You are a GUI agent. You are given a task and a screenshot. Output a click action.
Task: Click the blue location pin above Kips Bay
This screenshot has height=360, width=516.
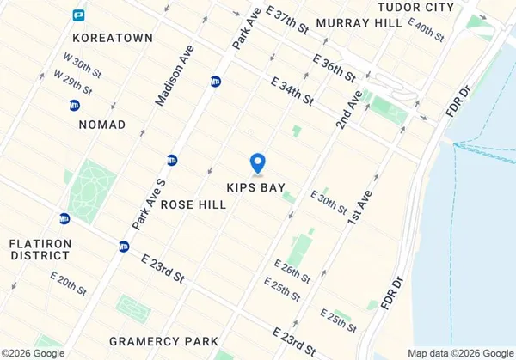(256, 162)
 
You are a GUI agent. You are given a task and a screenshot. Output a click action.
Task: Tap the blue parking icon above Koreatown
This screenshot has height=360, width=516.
(78, 15)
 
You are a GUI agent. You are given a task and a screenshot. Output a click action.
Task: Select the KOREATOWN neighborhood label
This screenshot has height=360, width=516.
(113, 38)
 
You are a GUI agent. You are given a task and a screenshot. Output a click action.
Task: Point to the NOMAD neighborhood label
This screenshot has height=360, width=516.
(101, 125)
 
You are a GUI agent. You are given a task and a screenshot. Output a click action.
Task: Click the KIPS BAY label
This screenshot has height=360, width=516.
(255, 186)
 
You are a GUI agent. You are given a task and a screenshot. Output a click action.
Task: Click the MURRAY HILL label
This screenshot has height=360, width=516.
(359, 23)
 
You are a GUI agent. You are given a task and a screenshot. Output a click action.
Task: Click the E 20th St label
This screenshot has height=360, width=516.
(69, 284)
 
